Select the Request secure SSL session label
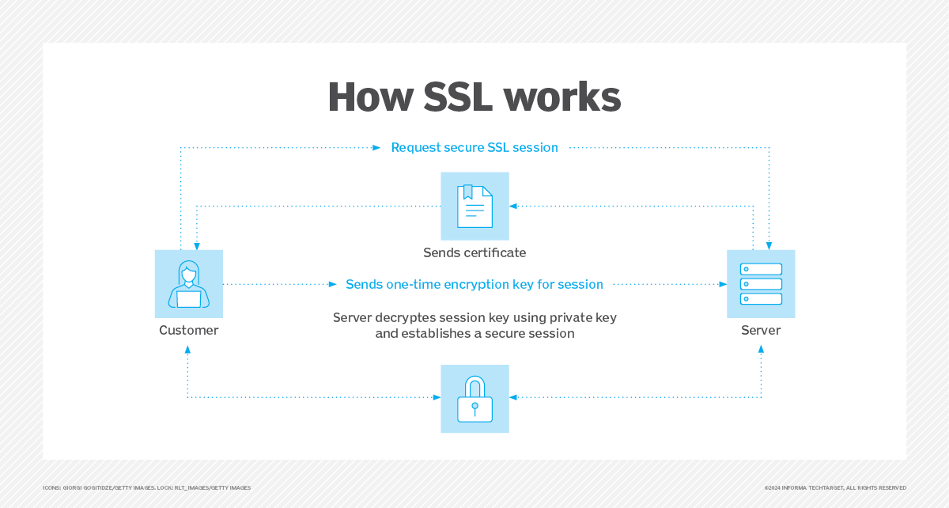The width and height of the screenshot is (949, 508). (x=475, y=147)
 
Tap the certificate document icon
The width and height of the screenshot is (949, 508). (x=475, y=206)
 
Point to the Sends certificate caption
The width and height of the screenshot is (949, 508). (x=475, y=253)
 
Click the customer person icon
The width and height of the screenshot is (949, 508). (x=189, y=283)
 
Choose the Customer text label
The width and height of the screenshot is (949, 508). (x=189, y=330)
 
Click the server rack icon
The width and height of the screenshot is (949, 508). (x=761, y=283)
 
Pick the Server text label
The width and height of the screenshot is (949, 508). (x=761, y=330)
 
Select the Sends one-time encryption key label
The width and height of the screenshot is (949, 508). (x=475, y=284)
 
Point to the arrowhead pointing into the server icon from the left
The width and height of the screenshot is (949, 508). (x=721, y=283)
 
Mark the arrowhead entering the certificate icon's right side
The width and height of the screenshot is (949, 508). (x=513, y=206)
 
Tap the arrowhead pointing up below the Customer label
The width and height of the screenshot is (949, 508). (x=188, y=348)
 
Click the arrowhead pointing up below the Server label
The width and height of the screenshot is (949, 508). (x=761, y=348)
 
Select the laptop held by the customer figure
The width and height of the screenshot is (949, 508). (x=189, y=298)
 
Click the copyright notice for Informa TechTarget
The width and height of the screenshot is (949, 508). (x=835, y=487)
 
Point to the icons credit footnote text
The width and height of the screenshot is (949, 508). (x=146, y=487)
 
